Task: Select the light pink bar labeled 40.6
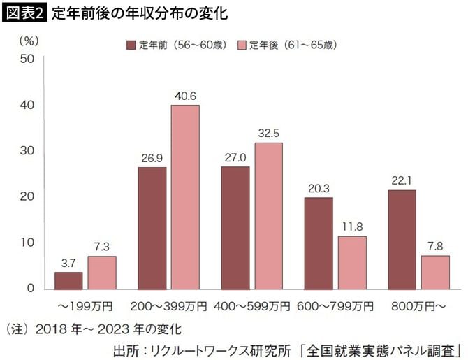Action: coord(186,196)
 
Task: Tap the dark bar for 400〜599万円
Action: coord(235,227)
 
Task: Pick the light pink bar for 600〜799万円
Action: coord(352,262)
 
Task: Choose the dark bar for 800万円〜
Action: coord(402,239)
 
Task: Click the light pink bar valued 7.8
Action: coord(435,271)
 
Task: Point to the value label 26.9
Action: coord(152,158)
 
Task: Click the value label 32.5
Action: coord(269,133)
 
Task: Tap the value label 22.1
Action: coord(402,180)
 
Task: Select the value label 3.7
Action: coord(68,263)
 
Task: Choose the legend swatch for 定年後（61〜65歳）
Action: coord(241,45)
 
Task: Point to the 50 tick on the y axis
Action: coord(27,59)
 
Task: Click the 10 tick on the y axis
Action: coord(27,243)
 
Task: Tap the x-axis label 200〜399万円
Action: coord(169,306)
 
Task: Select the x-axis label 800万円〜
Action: coord(418,306)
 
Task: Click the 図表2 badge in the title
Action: coord(25,13)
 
